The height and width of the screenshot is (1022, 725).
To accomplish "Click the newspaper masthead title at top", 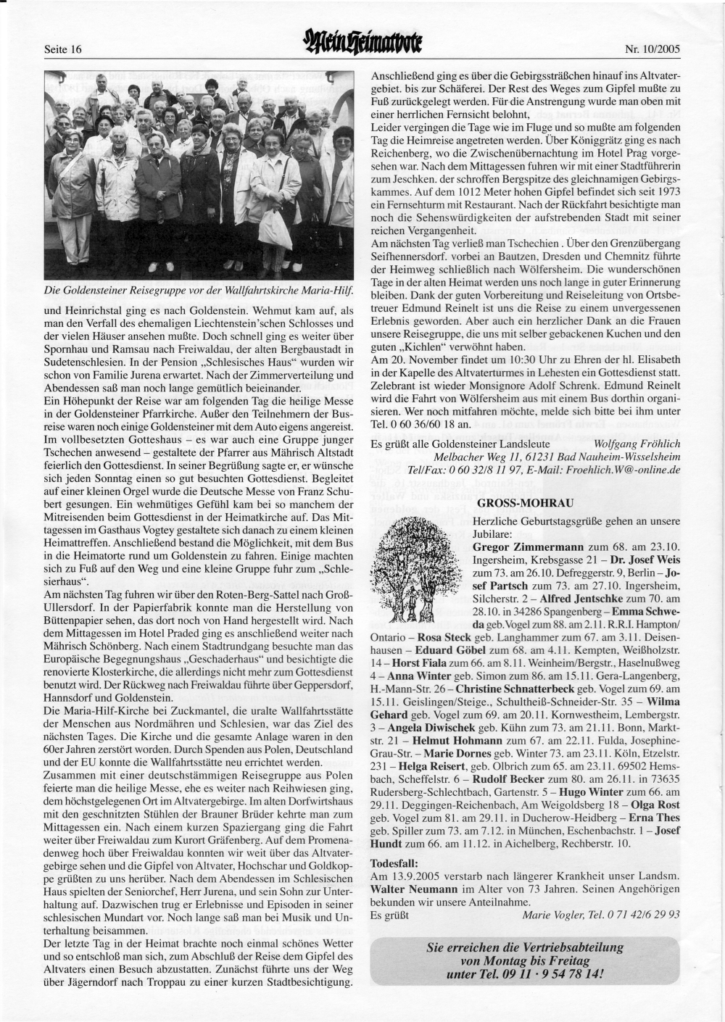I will [x=363, y=46].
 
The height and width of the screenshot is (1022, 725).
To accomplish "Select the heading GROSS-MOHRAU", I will [x=511, y=502].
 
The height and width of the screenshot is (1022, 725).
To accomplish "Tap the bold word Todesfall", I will [x=394, y=863].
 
